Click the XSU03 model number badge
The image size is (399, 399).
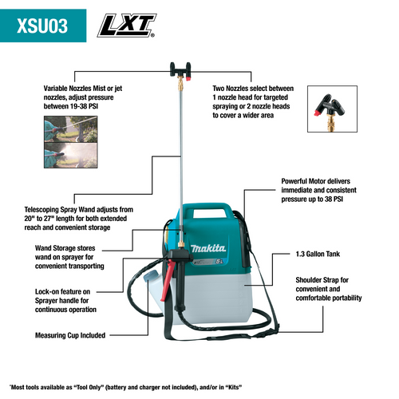[x=45, y=25]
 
